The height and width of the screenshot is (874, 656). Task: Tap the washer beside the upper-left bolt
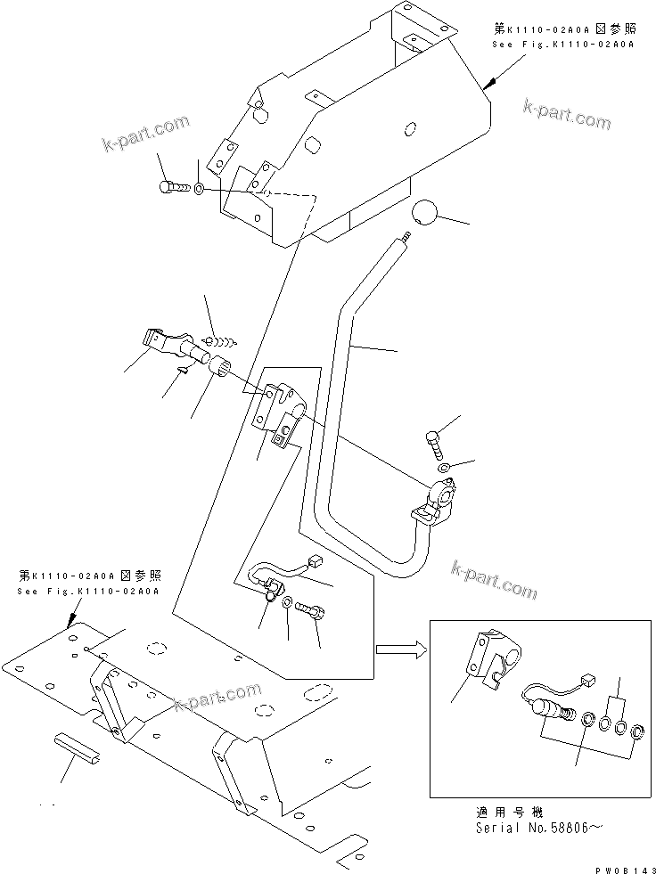(x=199, y=189)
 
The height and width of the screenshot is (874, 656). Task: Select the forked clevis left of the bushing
(x=160, y=344)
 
